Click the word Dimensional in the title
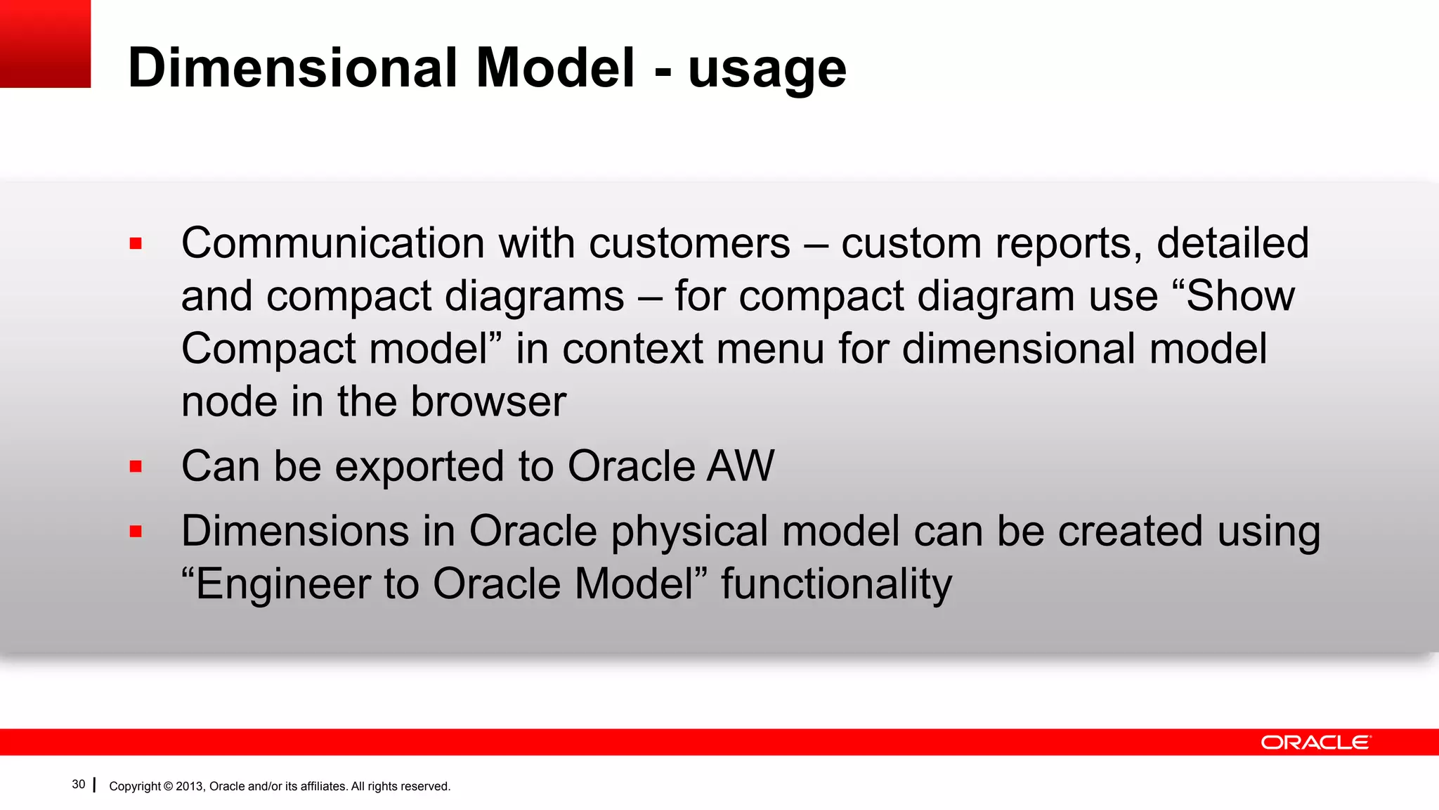[x=293, y=67]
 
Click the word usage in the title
[x=767, y=70]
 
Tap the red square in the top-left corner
[x=45, y=44]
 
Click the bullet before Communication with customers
[x=136, y=244]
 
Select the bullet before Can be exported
[x=136, y=467]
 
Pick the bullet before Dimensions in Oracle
[x=136, y=532]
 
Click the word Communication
[x=332, y=243]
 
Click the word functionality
[x=836, y=585]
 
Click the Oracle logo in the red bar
[x=1315, y=742]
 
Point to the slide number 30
[x=79, y=785]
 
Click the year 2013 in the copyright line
[x=189, y=786]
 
